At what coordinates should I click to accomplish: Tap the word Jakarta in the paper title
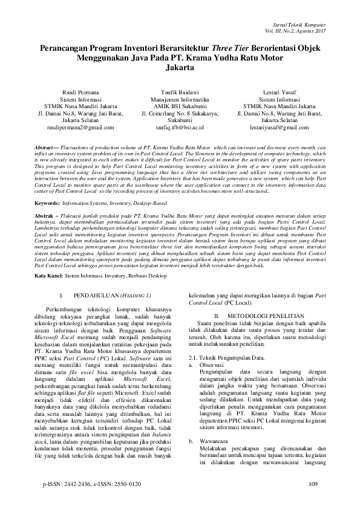coord(180,68)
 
